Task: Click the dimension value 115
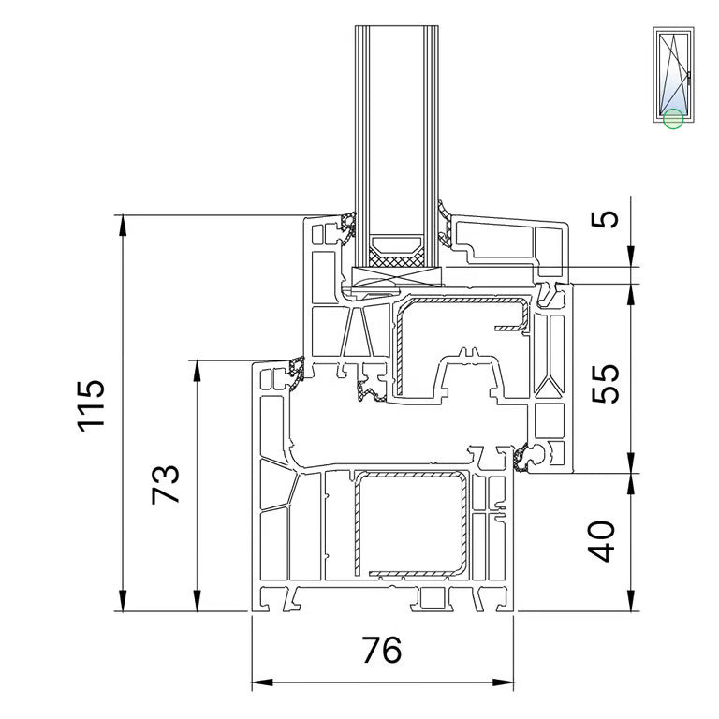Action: coord(91,405)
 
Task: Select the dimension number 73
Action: coord(165,485)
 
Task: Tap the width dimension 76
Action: coord(382,650)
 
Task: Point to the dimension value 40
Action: coord(602,541)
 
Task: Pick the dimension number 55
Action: coord(605,384)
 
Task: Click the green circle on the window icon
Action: coord(673,119)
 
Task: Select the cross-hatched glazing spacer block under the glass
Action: coord(397,261)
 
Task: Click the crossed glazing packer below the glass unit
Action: coord(397,277)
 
